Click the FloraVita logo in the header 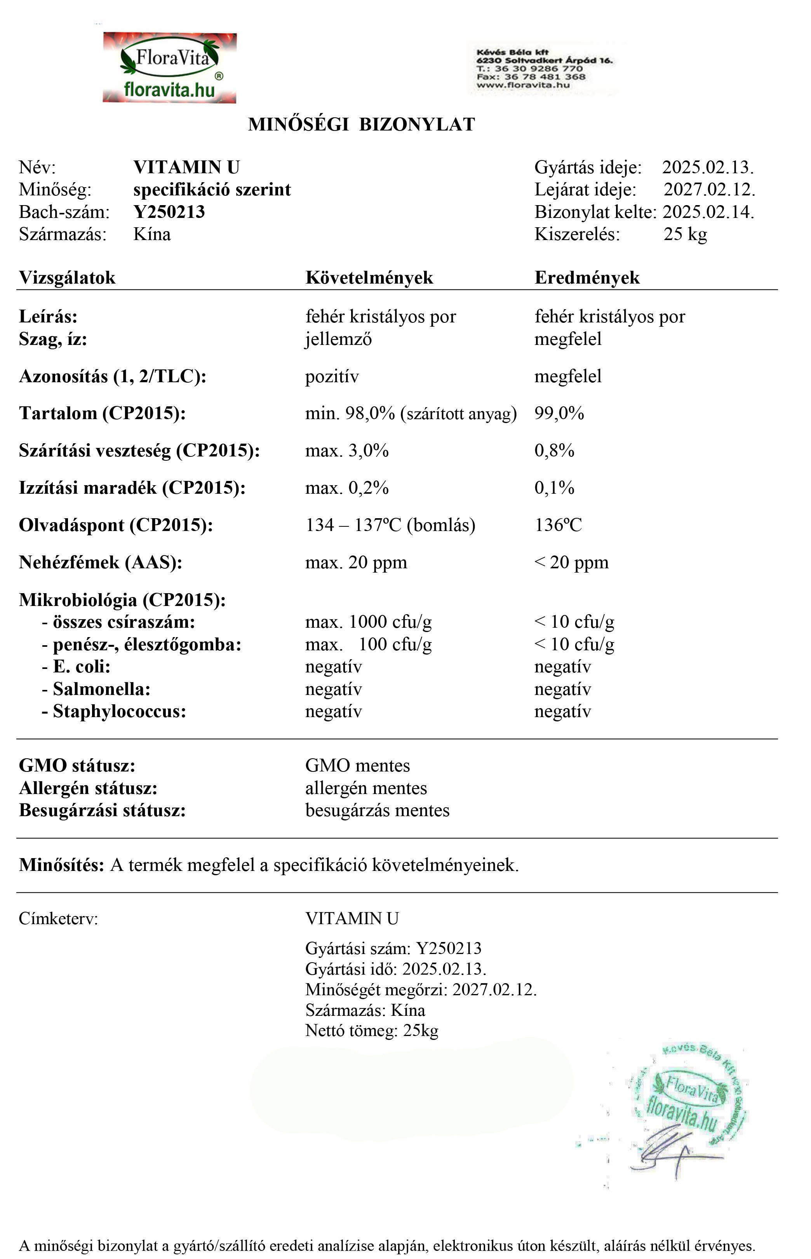pyautogui.click(x=170, y=68)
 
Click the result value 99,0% pyautogui.click(x=559, y=413)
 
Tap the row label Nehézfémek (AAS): pyautogui.click(x=101, y=562)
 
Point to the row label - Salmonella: pyautogui.click(x=96, y=689)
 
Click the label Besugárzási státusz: pyautogui.click(x=102, y=810)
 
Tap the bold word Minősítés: pyautogui.click(x=62, y=865)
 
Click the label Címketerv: pyautogui.click(x=58, y=919)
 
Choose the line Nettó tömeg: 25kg pyautogui.click(x=371, y=1031)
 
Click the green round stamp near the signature pyautogui.click(x=690, y=1093)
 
